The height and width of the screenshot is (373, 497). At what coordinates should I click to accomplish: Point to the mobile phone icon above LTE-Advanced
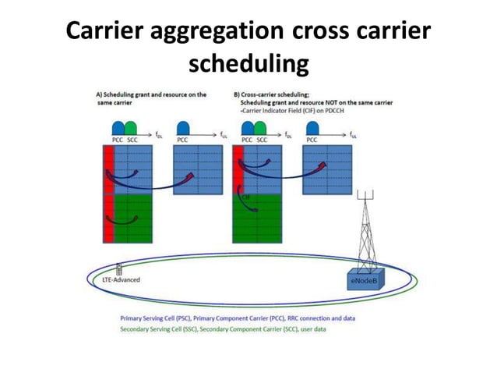pyautogui.click(x=118, y=268)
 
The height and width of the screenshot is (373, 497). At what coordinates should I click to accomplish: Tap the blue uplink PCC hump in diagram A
pyautogui.click(x=185, y=128)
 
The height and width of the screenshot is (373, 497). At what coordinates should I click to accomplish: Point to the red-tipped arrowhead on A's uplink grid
pyautogui.click(x=192, y=175)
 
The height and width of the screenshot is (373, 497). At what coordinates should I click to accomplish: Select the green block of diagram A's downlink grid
pyautogui.click(x=131, y=220)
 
